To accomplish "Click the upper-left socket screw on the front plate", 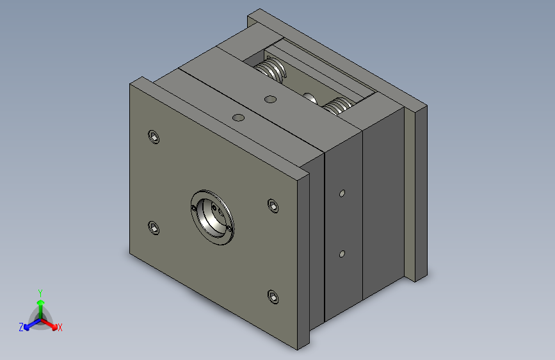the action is pos(154,137).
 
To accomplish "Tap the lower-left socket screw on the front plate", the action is pos(154,228).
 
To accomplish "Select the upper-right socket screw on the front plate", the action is pos(273,206).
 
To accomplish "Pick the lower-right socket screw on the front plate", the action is pos(273,297).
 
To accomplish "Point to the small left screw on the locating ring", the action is pos(193,208).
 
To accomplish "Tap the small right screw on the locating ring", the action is pos(231,227).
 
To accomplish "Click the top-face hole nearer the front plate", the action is pos(239,117).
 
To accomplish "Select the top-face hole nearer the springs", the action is pos(270,99).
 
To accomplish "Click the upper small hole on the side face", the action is pos(342,193).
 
